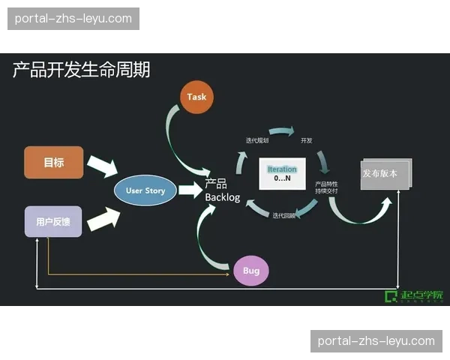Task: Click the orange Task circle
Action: [196, 97]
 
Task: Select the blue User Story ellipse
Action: [145, 190]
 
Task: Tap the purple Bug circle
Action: [250, 271]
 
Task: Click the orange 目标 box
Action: [53, 162]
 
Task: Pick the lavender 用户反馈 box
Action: [53, 222]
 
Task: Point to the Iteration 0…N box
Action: [282, 173]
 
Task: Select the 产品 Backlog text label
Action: [222, 190]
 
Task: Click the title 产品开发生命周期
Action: [81, 70]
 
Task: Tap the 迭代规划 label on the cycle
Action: [257, 140]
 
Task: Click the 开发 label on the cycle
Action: [306, 140]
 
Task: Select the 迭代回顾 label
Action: [284, 215]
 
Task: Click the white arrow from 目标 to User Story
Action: [101, 166]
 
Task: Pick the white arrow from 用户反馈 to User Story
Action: [103, 217]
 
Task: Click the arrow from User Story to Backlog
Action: [190, 190]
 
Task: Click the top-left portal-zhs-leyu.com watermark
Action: [73, 19]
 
